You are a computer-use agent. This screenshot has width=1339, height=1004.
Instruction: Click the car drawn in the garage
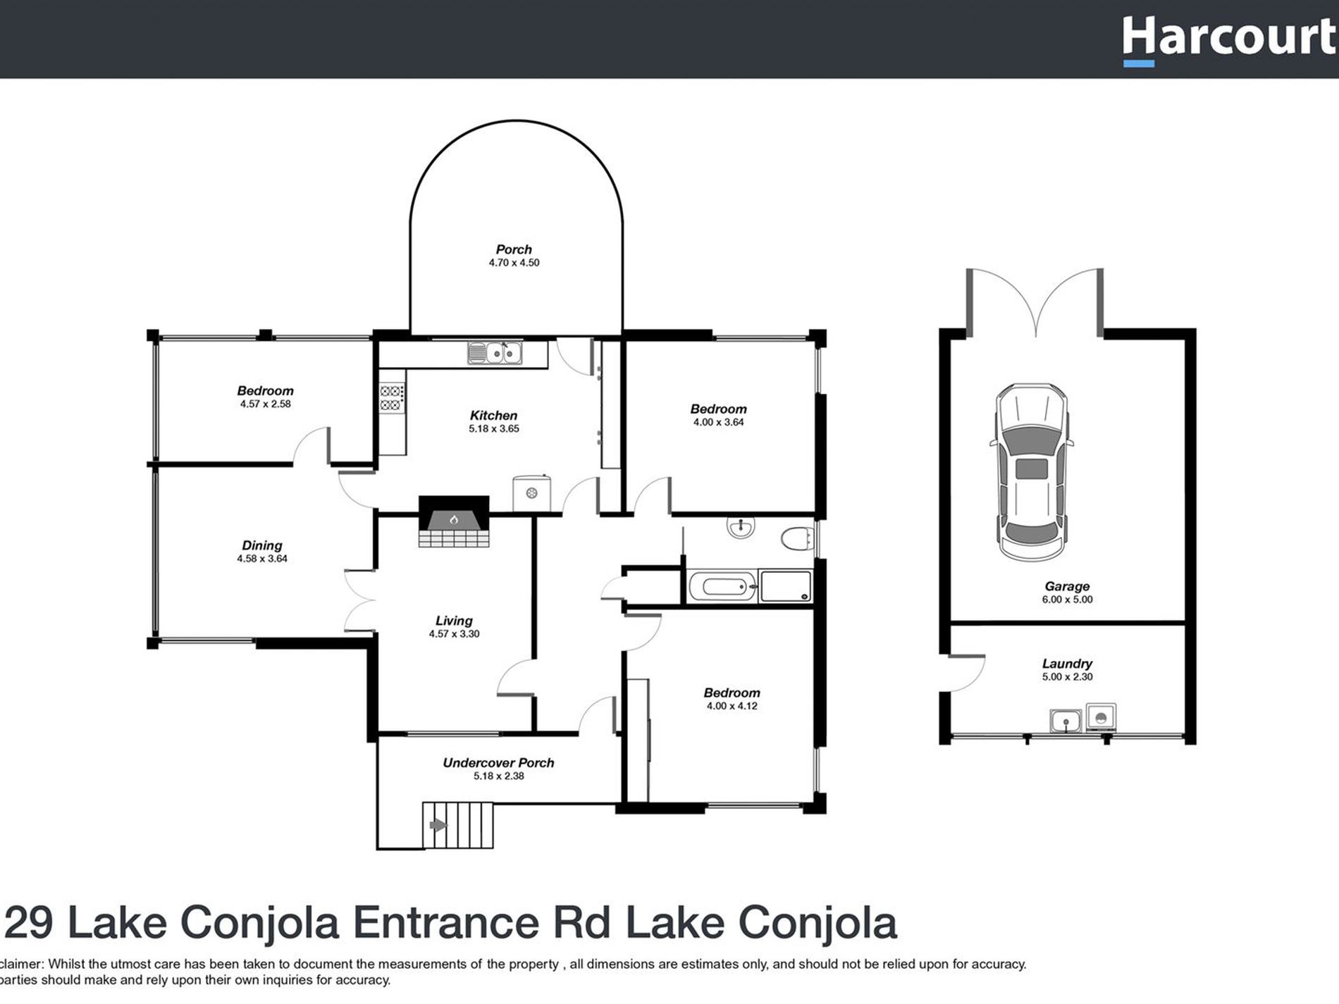tap(1032, 473)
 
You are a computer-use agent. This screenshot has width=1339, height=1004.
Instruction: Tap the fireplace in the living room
tap(454, 521)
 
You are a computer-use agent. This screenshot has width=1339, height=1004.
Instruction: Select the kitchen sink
tap(495, 352)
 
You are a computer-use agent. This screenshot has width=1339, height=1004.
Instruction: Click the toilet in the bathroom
tap(797, 539)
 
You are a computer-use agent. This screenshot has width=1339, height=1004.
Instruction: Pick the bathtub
tap(721, 586)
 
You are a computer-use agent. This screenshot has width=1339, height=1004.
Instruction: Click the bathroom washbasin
tap(741, 526)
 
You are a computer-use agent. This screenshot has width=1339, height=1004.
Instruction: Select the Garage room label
tap(1067, 586)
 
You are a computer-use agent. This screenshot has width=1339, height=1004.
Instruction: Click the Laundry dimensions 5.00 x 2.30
tap(1067, 677)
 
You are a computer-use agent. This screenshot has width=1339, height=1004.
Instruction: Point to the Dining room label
tap(261, 545)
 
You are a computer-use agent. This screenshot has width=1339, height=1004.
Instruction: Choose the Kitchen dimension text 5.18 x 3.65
tap(493, 428)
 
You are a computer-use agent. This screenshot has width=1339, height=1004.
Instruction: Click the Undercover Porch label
tap(498, 762)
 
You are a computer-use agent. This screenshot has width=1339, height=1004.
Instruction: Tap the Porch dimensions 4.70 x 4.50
tap(514, 263)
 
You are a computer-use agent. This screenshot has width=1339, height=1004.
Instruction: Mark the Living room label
tap(453, 621)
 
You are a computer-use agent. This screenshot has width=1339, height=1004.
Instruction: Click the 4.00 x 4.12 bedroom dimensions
tap(732, 706)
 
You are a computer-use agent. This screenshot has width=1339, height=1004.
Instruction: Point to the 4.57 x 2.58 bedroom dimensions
tap(265, 404)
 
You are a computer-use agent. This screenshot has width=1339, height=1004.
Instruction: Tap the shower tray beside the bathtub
tap(786, 586)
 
